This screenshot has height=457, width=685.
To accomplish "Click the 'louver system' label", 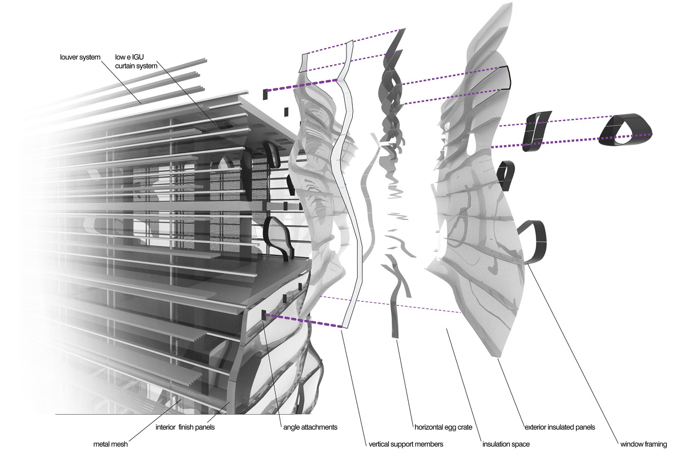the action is point(80,57).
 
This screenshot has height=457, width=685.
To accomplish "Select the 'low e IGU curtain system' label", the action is point(136,62).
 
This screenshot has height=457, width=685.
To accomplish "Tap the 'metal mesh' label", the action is point(110,444).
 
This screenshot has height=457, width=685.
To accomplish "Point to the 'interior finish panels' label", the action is point(185,427).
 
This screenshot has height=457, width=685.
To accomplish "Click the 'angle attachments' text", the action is point(310,427).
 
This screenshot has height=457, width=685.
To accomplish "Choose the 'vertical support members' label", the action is point(406,444).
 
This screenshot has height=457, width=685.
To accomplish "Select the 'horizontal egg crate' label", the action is point(443,427).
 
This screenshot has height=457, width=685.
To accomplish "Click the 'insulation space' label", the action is point(506,444).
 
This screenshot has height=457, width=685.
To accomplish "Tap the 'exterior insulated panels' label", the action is point(559,427).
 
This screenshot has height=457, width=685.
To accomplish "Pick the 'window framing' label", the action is point(643,444).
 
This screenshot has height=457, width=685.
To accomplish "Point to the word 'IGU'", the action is point(138,57).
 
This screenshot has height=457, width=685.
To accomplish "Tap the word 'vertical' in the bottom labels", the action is point(380,444).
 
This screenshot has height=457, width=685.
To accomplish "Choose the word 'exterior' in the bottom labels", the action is point(536,427).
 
